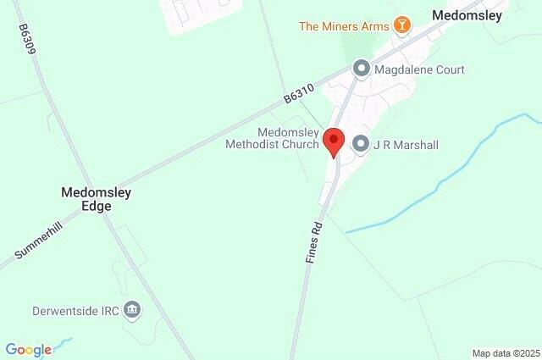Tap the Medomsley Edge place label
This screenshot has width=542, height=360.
pyautogui.click(x=97, y=199)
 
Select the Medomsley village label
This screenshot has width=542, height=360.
pyautogui.click(x=467, y=15)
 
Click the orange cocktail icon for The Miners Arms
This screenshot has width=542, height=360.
pyautogui.click(x=403, y=25)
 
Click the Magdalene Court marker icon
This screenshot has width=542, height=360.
pyautogui.click(x=362, y=69)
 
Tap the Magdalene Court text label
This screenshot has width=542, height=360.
pyautogui.click(x=420, y=69)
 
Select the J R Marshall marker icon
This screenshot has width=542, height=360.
pyautogui.click(x=360, y=144)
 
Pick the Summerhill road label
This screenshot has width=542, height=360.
pyautogui.click(x=40, y=243)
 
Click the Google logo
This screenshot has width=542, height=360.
pyautogui.click(x=28, y=349)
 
